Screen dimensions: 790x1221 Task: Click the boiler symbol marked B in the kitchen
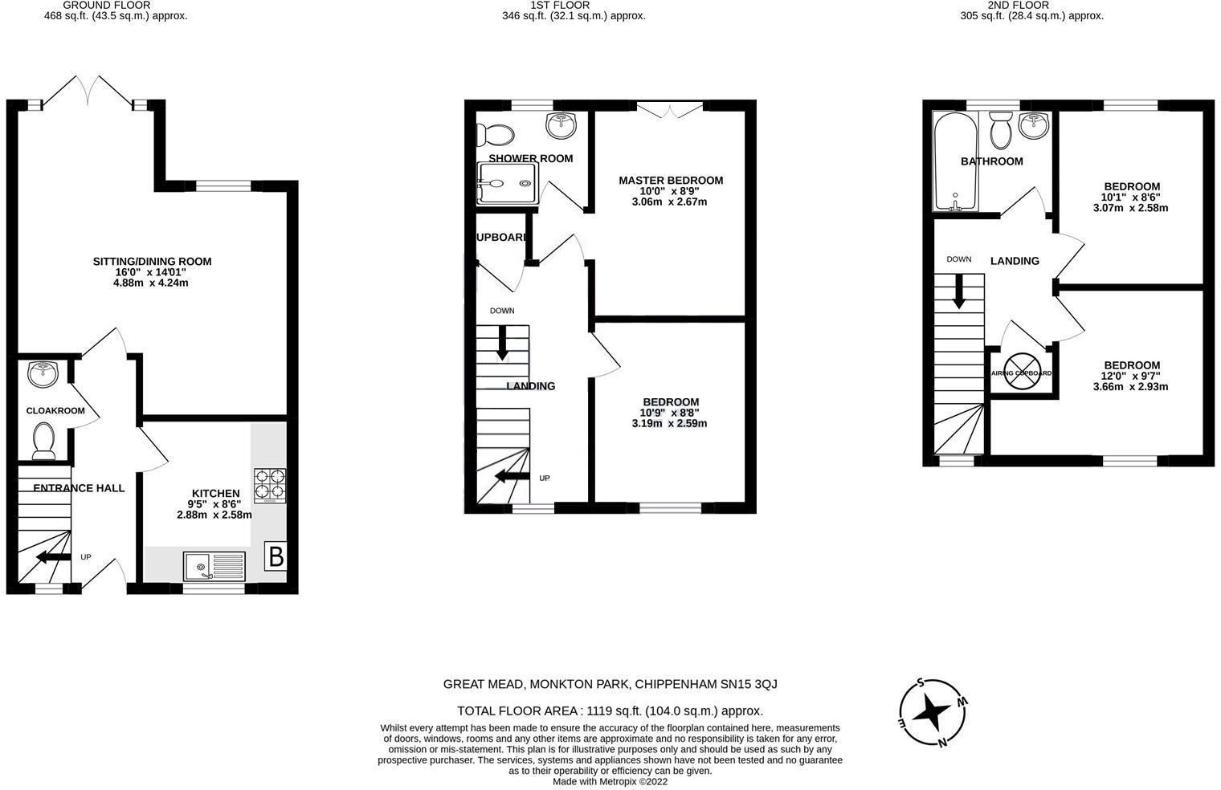276,556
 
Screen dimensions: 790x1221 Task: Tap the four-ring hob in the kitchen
270,485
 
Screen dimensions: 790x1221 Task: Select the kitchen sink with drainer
214,566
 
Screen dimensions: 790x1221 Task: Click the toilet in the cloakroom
43,442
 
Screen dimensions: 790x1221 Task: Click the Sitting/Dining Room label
152,261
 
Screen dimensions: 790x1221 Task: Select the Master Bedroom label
671,181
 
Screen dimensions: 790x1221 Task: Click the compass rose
933,712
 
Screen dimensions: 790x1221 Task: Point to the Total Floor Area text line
610,711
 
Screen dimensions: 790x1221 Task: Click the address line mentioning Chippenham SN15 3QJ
610,684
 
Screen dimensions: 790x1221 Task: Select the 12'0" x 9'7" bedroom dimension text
1131,376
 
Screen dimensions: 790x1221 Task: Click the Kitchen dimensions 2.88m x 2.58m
214,515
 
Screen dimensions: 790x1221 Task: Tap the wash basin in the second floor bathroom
1034,125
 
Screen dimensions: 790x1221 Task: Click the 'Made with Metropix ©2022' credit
610,781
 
